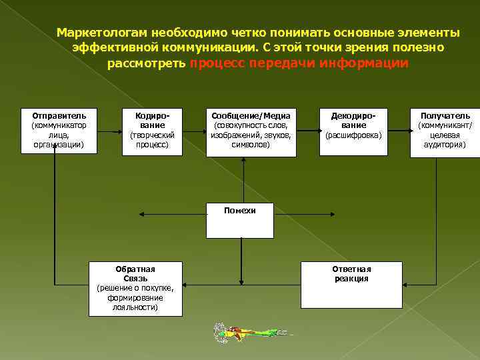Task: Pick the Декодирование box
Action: click(353, 131)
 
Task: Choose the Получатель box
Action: click(445, 131)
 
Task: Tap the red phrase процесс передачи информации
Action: click(299, 63)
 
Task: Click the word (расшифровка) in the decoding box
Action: click(353, 135)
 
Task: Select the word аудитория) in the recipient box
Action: click(445, 144)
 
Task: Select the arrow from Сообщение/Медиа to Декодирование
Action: click(307, 131)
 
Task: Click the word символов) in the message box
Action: click(251, 144)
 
